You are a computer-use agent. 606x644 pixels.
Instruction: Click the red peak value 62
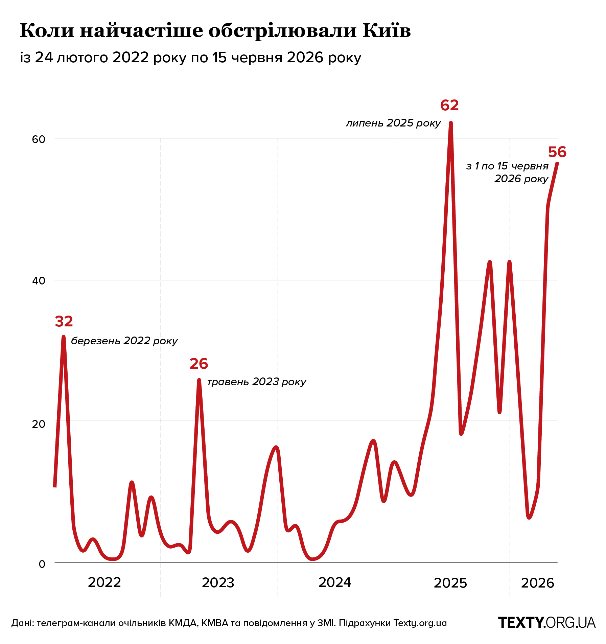tap(449, 106)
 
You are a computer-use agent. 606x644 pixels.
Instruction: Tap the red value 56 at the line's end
tap(557, 152)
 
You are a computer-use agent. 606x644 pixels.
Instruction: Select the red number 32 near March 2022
tap(64, 321)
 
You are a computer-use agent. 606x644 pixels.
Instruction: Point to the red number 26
tap(199, 364)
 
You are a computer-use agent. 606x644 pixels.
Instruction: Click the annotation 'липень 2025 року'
tap(394, 123)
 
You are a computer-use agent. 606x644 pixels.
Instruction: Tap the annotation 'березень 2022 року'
tap(124, 341)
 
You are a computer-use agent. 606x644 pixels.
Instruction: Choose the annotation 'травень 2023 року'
tap(257, 382)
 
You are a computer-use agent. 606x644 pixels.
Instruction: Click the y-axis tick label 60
tap(39, 139)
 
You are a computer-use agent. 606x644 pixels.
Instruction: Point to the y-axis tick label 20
tap(39, 424)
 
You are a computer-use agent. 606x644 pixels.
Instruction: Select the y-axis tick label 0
tap(42, 564)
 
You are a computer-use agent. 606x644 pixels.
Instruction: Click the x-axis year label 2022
tap(104, 582)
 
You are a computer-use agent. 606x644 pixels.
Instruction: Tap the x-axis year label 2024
tap(335, 582)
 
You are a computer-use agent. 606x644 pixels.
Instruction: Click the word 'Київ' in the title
tap(387, 31)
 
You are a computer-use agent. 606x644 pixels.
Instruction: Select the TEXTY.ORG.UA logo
tap(547, 623)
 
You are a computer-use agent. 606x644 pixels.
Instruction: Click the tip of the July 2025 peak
tap(451, 123)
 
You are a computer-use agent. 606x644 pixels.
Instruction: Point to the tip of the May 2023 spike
tap(199, 380)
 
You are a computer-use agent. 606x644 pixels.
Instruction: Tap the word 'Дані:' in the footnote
tap(23, 623)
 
